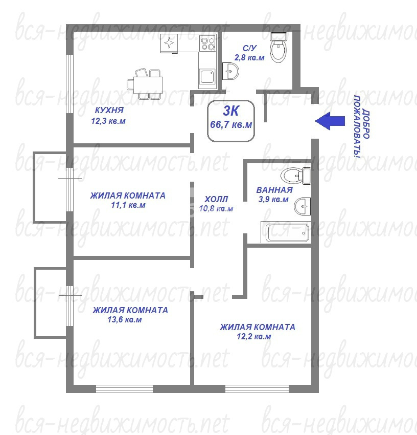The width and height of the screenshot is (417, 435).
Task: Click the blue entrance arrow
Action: pos(330,121)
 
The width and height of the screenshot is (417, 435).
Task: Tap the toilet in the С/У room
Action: pos(278,48)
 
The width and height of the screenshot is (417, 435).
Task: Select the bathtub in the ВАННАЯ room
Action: pos(287,233)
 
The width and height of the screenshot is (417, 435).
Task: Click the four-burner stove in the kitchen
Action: pos(208,43)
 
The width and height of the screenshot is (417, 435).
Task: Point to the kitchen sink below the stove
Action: pos(207,76)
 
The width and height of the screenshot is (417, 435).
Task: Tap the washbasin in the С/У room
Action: pos(230,71)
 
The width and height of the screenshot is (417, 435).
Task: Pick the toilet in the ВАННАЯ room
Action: pos(296,176)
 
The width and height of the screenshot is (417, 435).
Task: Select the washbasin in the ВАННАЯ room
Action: pos(302,206)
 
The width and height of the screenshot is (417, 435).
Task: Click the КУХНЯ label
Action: pos(109,110)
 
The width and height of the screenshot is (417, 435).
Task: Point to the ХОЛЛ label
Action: pos(216,199)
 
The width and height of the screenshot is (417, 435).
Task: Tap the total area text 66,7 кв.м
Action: pos(231,124)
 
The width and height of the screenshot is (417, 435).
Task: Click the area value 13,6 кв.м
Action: pos(125,319)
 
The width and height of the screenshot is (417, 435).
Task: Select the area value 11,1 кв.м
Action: pos(128,205)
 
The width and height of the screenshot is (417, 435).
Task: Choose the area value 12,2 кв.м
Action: pos(254,337)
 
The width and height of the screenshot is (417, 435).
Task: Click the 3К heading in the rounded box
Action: pos(231,111)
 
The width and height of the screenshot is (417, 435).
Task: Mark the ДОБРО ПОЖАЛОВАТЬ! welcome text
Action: pos(362,126)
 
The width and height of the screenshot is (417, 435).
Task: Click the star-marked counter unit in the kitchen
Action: pos(169,43)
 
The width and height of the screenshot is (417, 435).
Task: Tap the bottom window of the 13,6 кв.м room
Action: pos(124,388)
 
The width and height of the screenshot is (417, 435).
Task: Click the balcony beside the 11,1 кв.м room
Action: pos(50,187)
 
